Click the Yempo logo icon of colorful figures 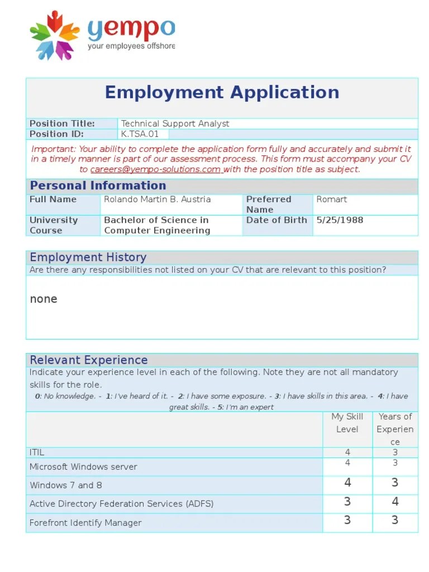55,35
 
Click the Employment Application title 222,92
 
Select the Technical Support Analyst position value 175,123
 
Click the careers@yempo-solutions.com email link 156,170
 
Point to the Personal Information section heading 98,186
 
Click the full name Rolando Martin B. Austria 158,199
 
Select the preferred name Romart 331,199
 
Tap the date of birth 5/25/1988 340,220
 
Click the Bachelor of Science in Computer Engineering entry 157,225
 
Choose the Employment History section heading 88,258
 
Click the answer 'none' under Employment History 44,299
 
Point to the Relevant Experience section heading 88,360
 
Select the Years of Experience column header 395,429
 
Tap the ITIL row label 37,452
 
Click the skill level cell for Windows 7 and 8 347,483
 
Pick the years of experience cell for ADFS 395,502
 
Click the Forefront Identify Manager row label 85,523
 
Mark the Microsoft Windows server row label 83,467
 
